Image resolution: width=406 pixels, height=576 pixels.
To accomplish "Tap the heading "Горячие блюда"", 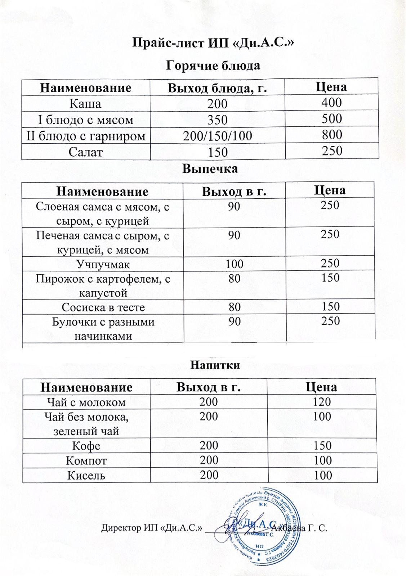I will tap(213, 66).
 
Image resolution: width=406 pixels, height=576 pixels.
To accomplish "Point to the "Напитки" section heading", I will tap(215, 365).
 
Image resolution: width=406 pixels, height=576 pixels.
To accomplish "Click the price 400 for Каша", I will tap(331, 103).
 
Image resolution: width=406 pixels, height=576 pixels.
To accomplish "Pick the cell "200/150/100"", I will tap(217, 136).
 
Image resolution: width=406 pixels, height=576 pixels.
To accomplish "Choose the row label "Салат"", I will tap(86, 152).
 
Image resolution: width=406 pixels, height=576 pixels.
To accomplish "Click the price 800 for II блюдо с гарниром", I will tap(332, 135).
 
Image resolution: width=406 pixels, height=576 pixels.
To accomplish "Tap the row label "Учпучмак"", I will tap(103, 264).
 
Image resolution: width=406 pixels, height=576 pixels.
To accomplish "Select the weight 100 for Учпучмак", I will tap(235, 264).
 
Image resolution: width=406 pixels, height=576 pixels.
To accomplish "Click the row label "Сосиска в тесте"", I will tap(103, 307).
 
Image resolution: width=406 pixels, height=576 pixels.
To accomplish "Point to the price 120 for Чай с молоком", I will tap(322, 402).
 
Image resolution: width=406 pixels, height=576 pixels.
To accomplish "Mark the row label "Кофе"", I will tap(86, 446).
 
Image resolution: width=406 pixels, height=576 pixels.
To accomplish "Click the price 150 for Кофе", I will tap(322, 446).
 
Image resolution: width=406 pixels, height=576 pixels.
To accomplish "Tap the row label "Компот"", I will tap(86, 460).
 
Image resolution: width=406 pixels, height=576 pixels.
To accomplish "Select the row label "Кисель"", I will tap(86, 475).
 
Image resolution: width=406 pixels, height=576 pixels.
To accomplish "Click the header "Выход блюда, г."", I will tap(217, 88).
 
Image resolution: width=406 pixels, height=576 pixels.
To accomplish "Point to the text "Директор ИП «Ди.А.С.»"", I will tap(151, 528).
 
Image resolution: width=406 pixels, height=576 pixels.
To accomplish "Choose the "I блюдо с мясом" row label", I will tap(86, 120).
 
